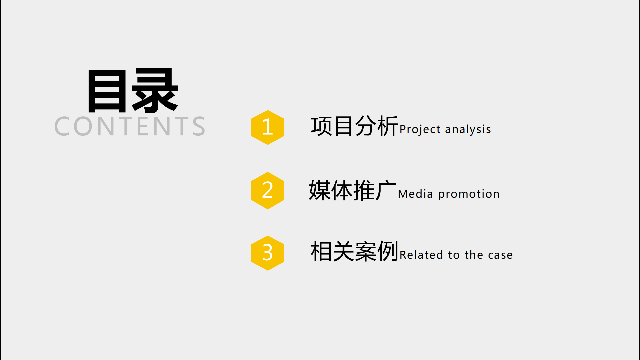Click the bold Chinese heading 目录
click(x=133, y=90)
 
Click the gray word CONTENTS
click(x=130, y=126)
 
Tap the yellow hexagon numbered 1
click(x=268, y=127)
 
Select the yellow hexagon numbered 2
click(x=268, y=191)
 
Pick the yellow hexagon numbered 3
click(x=268, y=253)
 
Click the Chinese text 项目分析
click(x=355, y=126)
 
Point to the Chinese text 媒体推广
click(x=353, y=190)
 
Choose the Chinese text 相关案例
click(x=355, y=251)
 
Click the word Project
click(x=420, y=129)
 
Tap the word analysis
click(x=468, y=129)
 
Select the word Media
click(x=415, y=194)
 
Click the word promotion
click(x=469, y=194)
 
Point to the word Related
click(x=421, y=255)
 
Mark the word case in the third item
click(x=500, y=255)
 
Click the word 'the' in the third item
click(x=474, y=255)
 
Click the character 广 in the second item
click(x=386, y=190)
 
